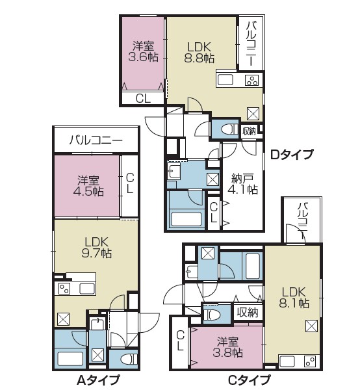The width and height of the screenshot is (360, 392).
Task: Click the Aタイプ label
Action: click(x=98, y=380)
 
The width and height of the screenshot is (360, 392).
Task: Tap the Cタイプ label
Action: click(x=249, y=380)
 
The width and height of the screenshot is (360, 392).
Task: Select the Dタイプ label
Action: click(x=292, y=155)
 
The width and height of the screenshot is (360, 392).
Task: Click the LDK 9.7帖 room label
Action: click(x=97, y=248)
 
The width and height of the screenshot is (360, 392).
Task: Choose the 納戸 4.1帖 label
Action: click(x=242, y=184)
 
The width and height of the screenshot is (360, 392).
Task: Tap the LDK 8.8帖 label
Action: click(x=199, y=53)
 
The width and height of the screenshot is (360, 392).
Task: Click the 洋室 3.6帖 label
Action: click(x=144, y=52)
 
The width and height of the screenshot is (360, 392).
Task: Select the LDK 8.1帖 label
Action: click(x=294, y=297)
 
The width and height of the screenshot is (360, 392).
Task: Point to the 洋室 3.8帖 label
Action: click(x=227, y=347)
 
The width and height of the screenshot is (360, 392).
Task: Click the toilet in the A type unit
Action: click(x=129, y=359)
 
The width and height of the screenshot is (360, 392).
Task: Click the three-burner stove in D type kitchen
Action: click(x=251, y=80)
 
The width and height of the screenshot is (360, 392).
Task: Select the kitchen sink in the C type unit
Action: click(x=287, y=361)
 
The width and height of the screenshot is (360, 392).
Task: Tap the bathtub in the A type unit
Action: click(x=70, y=359)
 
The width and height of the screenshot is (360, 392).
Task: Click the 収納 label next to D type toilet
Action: click(x=249, y=131)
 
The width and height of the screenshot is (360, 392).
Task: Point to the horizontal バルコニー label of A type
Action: click(x=96, y=140)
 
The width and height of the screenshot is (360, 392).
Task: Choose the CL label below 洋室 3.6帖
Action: click(x=143, y=99)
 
